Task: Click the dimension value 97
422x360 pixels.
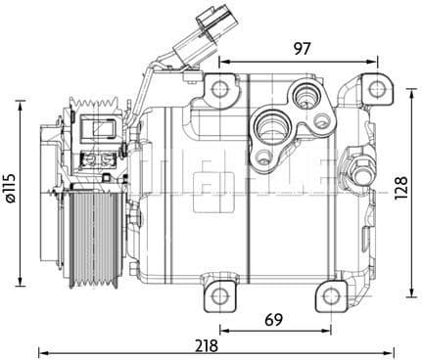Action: pyautogui.click(x=302, y=48)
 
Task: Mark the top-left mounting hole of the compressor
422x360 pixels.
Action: pyautogui.click(x=220, y=90)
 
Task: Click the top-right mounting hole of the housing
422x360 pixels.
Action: pyautogui.click(x=377, y=90)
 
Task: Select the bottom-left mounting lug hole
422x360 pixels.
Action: pyautogui.click(x=220, y=295)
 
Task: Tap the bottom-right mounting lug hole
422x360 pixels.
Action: pyautogui.click(x=334, y=295)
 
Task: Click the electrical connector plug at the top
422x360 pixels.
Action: pyautogui.click(x=209, y=20)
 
